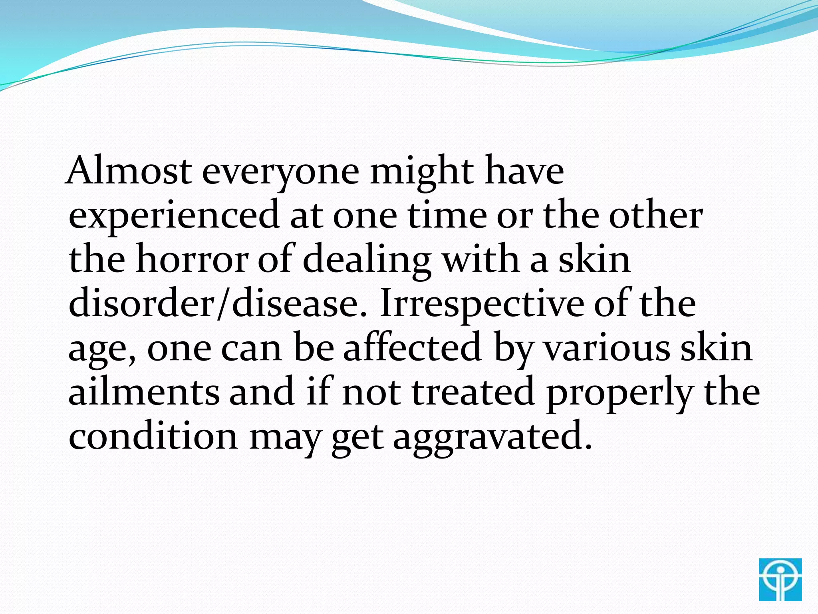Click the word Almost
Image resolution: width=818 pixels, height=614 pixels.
point(129,171)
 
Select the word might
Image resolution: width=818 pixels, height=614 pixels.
point(422,172)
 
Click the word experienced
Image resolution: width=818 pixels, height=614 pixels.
point(174,216)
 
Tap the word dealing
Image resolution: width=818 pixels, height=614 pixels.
point(367,260)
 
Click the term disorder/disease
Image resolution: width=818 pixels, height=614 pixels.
point(218,304)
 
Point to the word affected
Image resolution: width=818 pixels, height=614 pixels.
point(412,348)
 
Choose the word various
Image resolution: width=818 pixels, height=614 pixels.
point(607,348)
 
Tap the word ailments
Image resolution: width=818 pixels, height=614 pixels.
point(144,392)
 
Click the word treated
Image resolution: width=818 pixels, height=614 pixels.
point(473,392)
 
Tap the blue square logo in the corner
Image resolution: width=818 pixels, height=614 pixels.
point(780,580)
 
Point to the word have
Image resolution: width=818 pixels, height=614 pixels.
point(524,172)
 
